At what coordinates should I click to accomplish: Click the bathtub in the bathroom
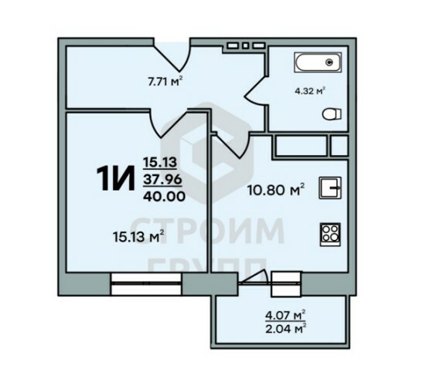coord(318,63)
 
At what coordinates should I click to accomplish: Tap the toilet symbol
coord(332,114)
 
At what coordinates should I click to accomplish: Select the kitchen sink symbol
coord(330,188)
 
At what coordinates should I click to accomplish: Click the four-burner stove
coord(330,235)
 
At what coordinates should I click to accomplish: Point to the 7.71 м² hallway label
coord(165,81)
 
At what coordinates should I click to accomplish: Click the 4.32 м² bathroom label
coord(309,91)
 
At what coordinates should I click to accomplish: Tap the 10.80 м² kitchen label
coord(276,190)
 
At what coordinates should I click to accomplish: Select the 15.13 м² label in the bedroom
coord(138,236)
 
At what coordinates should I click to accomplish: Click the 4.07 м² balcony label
coord(285,316)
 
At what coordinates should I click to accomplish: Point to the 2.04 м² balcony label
coord(285,329)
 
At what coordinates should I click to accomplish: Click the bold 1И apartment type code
coord(116,178)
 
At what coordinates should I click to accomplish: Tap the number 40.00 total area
coord(164,196)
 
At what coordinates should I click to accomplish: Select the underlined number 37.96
coord(162,180)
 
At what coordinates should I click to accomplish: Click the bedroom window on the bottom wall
coord(147,284)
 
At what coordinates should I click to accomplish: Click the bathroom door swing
coord(256,91)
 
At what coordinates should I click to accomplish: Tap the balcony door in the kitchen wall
coord(254,278)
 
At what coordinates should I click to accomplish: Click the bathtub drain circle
coord(330,63)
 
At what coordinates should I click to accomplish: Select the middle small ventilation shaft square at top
coord(245,46)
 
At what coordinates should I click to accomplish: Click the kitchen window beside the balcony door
coord(286,284)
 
